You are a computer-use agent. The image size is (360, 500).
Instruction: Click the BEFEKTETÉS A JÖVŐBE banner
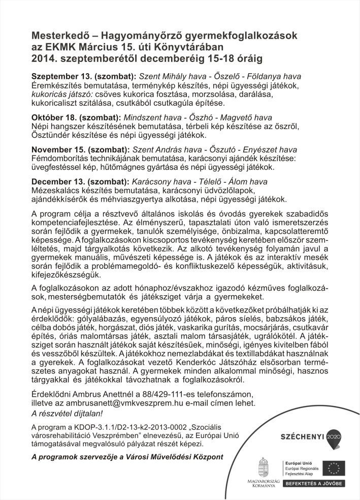pyautogui.click(x=313, y=483)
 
